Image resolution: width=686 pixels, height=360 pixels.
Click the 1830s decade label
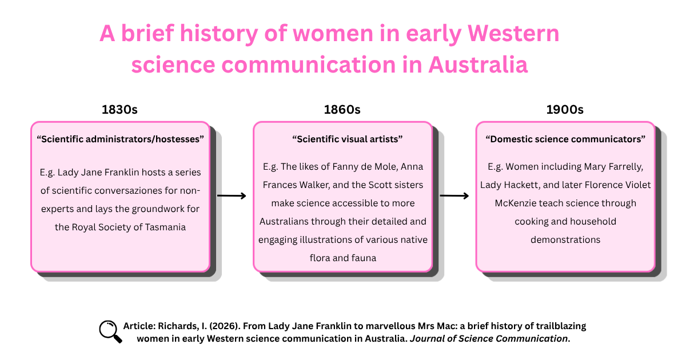tap(119, 110)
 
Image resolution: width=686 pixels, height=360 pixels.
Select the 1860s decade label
tap(342, 110)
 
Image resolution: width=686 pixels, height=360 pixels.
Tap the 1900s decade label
tap(565, 110)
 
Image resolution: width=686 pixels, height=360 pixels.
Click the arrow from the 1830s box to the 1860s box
tap(232, 195)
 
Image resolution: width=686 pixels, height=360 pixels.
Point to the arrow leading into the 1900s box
tap(454, 195)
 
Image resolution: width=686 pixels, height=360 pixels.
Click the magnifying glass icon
tap(110, 332)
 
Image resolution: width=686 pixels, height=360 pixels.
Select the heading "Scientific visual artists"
tap(348, 139)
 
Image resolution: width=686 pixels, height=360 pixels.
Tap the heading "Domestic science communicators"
tap(565, 139)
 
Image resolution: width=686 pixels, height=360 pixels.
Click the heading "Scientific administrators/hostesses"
tap(121, 139)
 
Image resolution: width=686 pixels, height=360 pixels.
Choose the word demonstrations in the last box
tap(565, 239)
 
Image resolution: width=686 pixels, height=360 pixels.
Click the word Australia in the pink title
tap(478, 65)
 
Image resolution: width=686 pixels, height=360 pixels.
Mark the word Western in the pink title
tap(513, 33)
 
